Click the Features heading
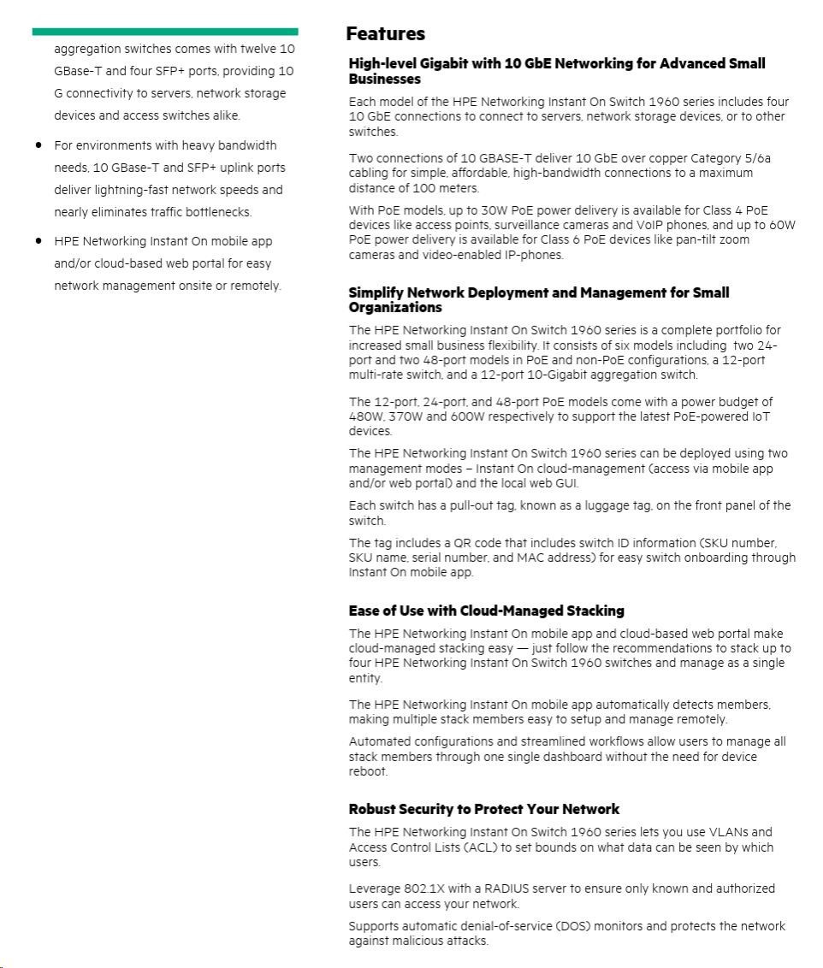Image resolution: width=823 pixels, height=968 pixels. click(x=385, y=34)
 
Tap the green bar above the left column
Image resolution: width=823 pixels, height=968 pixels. click(x=165, y=32)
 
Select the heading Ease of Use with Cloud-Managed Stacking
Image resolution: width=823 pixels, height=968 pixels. click(x=486, y=611)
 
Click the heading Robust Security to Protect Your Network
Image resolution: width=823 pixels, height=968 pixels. click(x=483, y=809)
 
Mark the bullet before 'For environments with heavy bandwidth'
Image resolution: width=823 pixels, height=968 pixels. click(x=38, y=145)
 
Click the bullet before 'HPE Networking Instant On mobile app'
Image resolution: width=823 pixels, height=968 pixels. click(x=38, y=241)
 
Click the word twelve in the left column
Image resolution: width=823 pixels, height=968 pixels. click(x=258, y=49)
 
